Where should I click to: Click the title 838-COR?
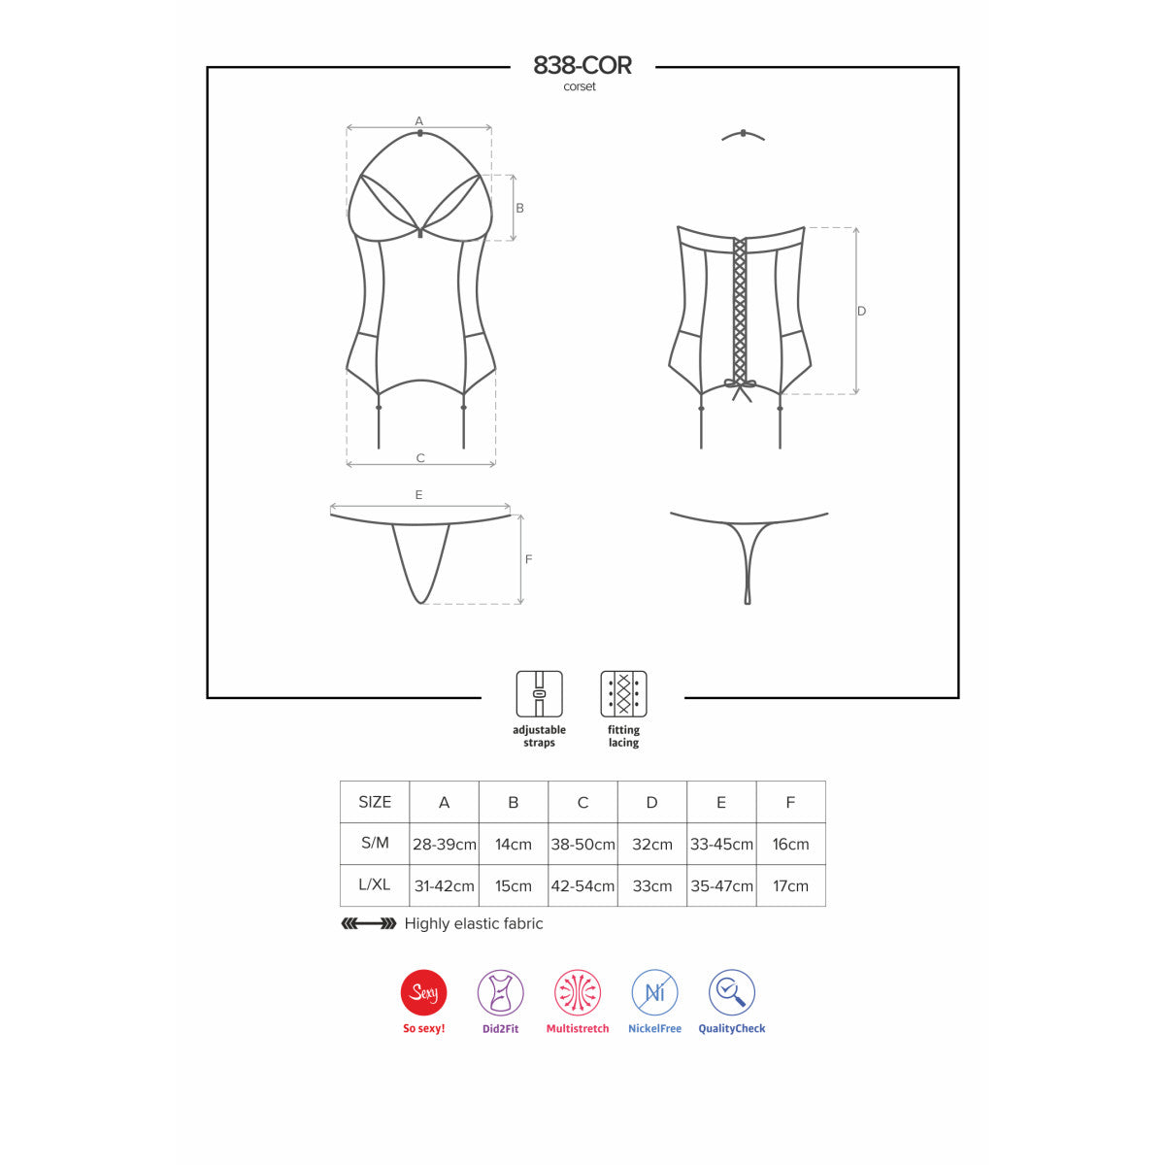(x=582, y=65)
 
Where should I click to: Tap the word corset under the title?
(x=580, y=86)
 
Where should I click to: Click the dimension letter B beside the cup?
(x=519, y=208)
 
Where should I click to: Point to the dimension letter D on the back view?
(x=861, y=311)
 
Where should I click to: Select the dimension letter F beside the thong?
(x=528, y=559)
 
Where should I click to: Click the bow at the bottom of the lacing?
(x=740, y=389)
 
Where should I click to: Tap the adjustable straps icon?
(x=539, y=693)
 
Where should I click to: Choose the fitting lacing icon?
(x=623, y=693)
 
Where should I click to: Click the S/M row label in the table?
(x=375, y=843)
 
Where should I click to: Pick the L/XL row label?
(x=374, y=884)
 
